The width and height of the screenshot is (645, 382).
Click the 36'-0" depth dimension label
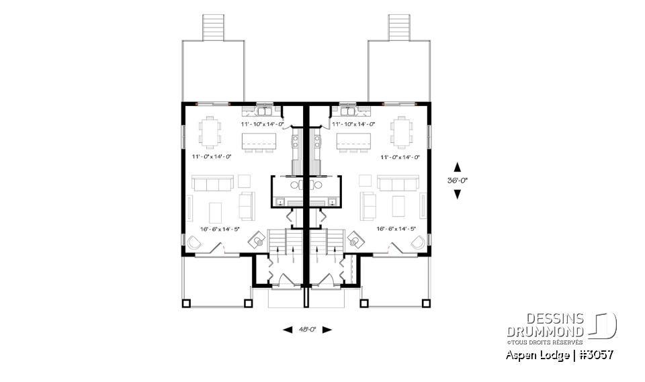point(458,180)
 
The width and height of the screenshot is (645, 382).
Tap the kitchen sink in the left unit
point(263,107)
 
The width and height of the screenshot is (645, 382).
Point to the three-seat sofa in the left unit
point(212,183)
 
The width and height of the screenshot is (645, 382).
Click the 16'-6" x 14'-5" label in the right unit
point(396,229)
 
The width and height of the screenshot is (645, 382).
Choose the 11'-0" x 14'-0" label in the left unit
point(211,156)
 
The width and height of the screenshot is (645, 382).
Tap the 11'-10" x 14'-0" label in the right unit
point(353,124)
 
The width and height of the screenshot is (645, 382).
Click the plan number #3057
point(595,354)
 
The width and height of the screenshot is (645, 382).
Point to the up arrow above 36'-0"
point(458,166)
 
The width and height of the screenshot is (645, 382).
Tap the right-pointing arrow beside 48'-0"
point(327,330)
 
